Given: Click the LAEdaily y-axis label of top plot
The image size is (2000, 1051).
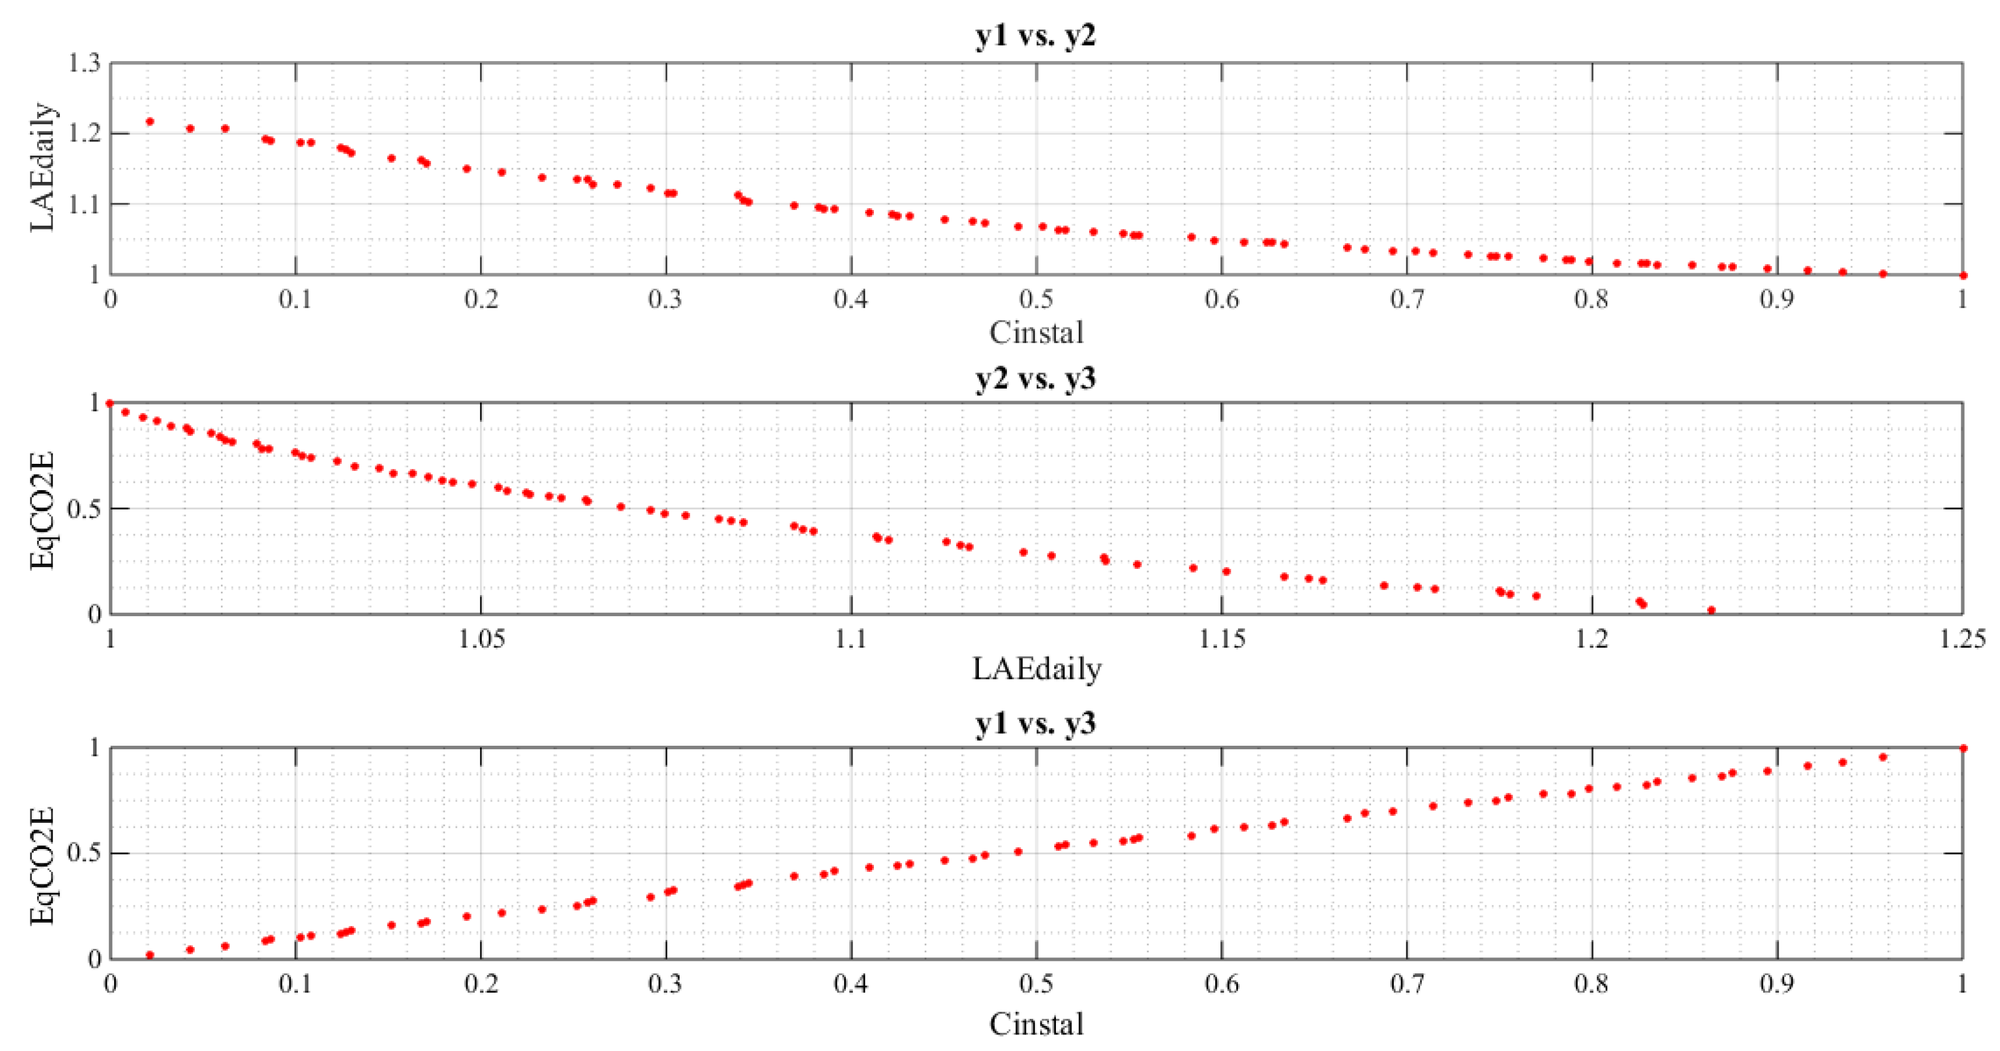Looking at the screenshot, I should [x=43, y=167].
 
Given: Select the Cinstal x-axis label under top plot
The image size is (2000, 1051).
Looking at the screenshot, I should [x=1036, y=332].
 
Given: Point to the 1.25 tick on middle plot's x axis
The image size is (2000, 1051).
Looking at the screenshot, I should [x=1962, y=639].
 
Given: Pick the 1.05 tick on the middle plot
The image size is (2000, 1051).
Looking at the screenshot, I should [x=481, y=639].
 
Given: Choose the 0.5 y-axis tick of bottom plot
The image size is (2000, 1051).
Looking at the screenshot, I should [x=84, y=853].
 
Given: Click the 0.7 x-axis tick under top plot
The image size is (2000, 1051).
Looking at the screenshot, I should [x=1407, y=298].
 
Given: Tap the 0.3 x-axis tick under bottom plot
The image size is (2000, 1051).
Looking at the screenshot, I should [x=666, y=984].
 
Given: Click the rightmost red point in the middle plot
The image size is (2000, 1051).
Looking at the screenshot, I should [x=1711, y=610].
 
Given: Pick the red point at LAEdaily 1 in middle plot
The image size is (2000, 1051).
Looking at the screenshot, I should [x=110, y=403].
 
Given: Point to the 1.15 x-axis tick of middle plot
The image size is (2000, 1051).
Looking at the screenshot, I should [x=1222, y=639].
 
